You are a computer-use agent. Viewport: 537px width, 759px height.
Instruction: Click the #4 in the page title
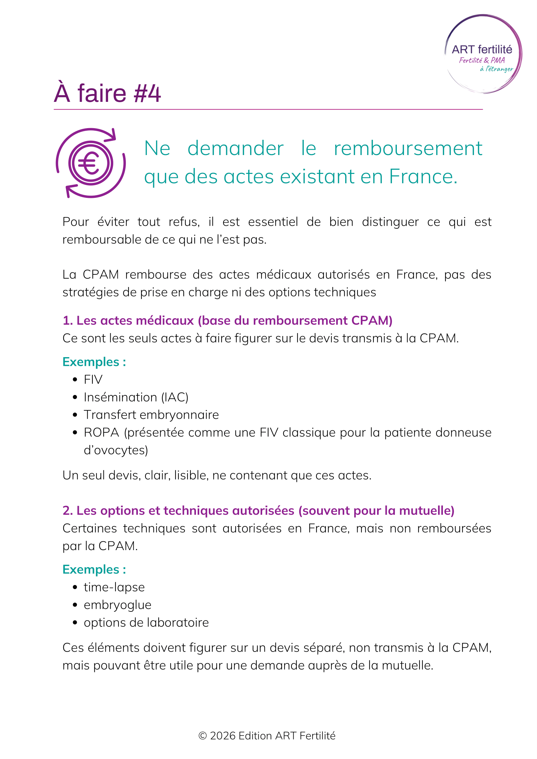[x=147, y=93]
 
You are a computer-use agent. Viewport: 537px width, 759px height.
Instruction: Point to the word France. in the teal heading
[x=423, y=176]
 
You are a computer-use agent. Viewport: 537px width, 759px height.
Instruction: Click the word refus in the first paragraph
[x=184, y=222]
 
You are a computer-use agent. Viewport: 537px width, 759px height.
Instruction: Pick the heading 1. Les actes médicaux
[x=227, y=320]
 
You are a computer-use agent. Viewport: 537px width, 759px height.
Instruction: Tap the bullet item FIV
[x=93, y=379]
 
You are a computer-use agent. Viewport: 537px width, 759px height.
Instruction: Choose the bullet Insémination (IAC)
[x=136, y=397]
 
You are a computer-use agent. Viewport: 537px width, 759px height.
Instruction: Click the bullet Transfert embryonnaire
[x=151, y=415]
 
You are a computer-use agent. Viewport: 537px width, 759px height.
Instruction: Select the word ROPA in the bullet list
[x=101, y=432]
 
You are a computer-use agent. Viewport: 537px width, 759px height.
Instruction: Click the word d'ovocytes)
[x=116, y=450]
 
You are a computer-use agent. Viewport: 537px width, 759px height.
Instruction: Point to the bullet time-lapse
[x=114, y=587]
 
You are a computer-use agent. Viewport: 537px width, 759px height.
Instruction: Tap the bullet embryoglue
[x=117, y=605]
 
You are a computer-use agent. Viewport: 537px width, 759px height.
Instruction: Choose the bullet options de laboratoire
[x=146, y=622]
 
